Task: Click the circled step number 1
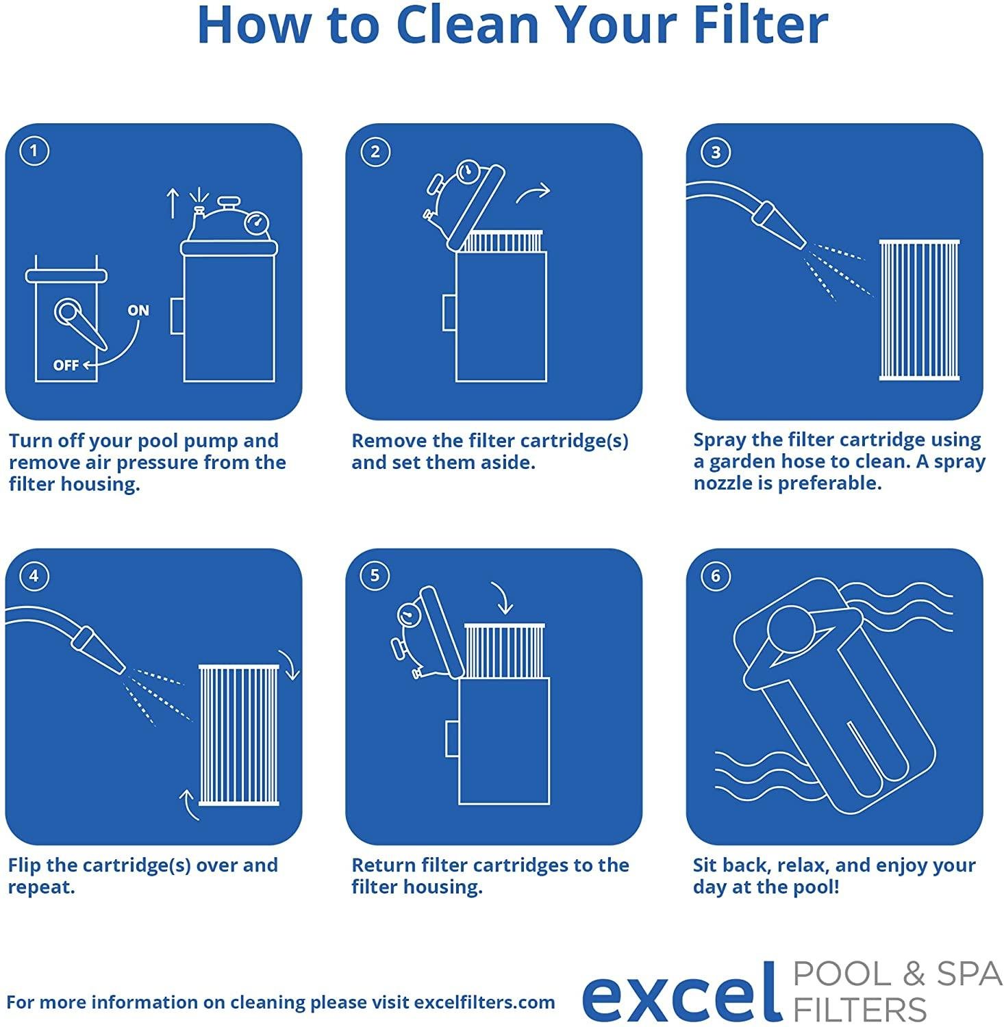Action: pos(34,151)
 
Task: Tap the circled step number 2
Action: pos(375,151)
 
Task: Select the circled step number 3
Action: pos(716,152)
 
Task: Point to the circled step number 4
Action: pos(34,576)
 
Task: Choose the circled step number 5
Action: pos(375,576)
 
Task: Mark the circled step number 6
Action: pos(716,576)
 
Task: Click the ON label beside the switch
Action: pos(138,310)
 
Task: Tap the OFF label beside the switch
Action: pos(66,365)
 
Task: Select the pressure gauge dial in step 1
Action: pos(257,223)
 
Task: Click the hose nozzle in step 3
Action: pos(779,223)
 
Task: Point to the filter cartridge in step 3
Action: pos(919,309)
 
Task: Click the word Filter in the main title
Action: pos(760,25)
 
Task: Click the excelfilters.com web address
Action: pos(484,1002)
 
